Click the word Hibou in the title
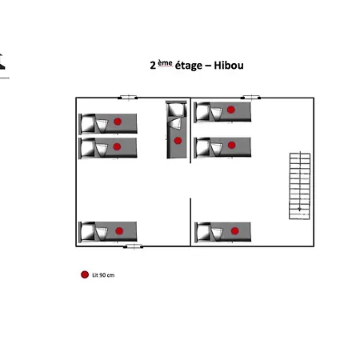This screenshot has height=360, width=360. tap(229, 66)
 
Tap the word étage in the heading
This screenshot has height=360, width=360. tap(189, 66)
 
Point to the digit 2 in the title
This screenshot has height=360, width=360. tap(153, 66)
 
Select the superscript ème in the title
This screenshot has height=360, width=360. tap(165, 63)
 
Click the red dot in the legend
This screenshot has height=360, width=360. tap(85, 274)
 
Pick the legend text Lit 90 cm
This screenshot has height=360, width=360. tap(103, 275)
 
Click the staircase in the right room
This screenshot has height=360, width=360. tap(300, 186)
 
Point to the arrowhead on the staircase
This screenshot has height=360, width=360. tap(299, 210)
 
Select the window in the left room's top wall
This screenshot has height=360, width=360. tap(128, 98)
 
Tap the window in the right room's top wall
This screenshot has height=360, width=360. tap(250, 98)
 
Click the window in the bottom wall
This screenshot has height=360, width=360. tap(134, 246)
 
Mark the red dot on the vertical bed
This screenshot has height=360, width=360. tap(178, 141)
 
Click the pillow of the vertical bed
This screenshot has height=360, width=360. tap(176, 110)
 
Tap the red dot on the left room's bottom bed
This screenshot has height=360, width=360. tap(119, 231)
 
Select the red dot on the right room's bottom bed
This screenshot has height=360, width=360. tap(234, 231)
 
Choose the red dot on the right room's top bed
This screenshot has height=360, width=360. tap(231, 110)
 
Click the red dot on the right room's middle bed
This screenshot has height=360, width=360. tap(231, 145)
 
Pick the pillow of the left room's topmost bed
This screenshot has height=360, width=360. tap(88, 124)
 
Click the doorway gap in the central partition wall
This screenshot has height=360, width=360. tap(190, 181)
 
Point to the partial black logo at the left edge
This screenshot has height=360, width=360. tap(2, 62)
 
